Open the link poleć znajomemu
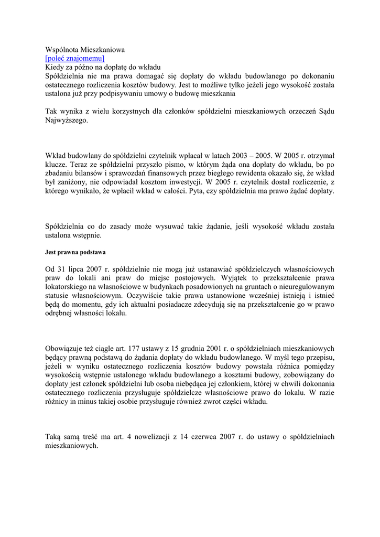pos(75,58)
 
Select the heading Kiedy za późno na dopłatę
pos(103,67)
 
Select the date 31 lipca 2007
pos(84,270)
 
